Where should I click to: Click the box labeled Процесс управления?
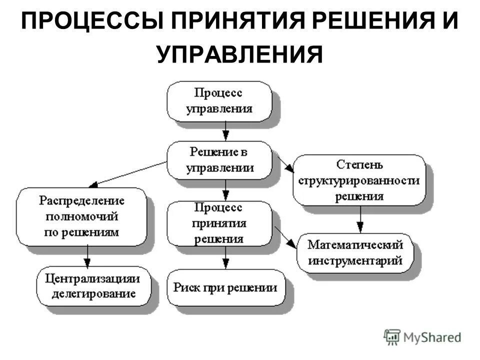click(219, 101)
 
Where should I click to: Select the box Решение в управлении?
click(219, 159)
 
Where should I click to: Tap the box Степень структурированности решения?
click(359, 180)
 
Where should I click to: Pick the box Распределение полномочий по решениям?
click(82, 216)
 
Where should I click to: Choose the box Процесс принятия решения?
click(219, 223)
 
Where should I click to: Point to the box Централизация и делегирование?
click(93, 285)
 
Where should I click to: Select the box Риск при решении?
click(225, 287)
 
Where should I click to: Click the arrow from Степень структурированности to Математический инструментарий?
click(359, 219)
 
